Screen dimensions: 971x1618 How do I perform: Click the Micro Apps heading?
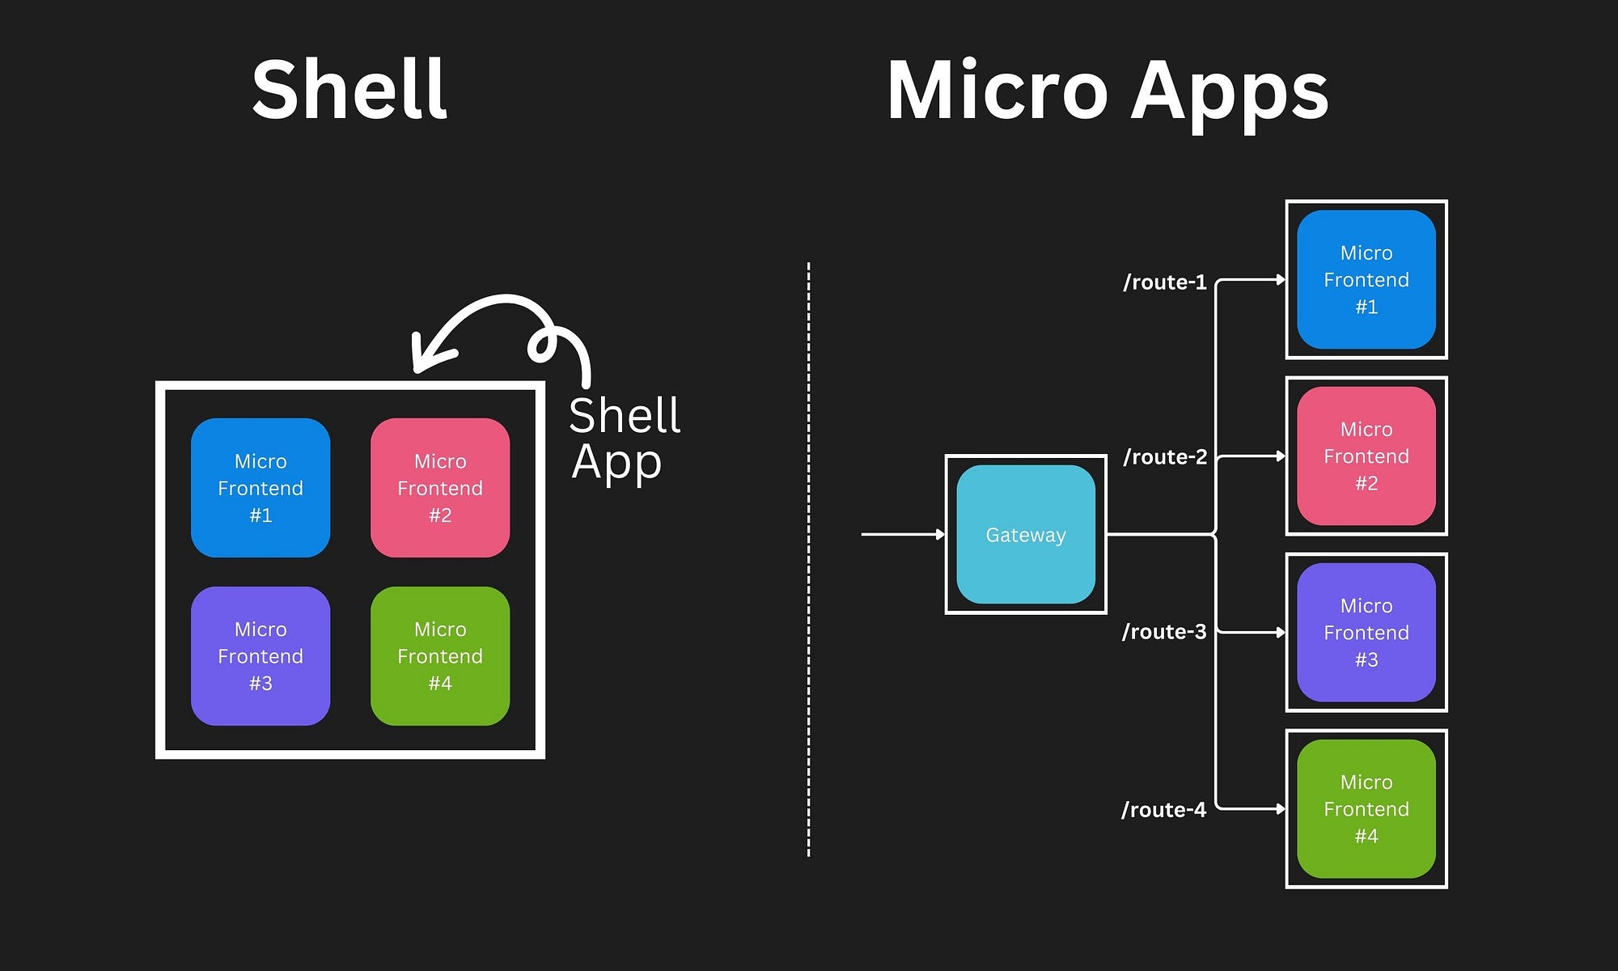(1107, 91)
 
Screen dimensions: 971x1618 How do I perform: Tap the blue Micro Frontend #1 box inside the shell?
(260, 488)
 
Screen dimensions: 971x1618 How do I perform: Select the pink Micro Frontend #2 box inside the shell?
(440, 488)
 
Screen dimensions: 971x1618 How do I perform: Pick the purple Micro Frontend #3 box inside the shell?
(260, 656)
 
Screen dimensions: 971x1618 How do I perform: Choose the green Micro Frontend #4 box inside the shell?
(440, 656)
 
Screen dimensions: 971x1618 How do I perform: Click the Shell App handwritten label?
(623, 439)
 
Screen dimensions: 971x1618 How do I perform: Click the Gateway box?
(1026, 535)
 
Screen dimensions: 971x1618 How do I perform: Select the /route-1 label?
(1164, 282)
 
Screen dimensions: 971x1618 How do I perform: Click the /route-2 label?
(1164, 457)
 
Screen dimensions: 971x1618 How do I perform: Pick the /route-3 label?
(1163, 632)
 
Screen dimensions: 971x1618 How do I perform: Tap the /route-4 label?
(1163, 810)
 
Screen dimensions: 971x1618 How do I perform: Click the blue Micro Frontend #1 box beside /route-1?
(1366, 280)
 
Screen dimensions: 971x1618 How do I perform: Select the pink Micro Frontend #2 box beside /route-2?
(1366, 456)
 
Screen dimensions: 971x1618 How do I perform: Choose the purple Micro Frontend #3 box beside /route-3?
(1366, 633)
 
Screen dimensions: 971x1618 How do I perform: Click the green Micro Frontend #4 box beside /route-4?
(1366, 809)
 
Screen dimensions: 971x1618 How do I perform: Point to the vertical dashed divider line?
(808, 558)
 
